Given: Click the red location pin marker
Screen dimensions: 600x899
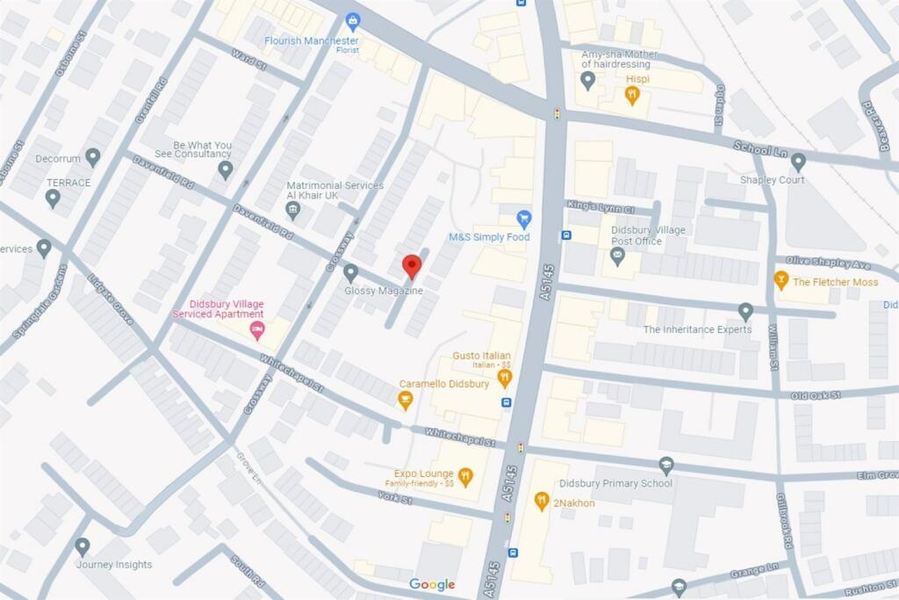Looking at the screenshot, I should [412, 266].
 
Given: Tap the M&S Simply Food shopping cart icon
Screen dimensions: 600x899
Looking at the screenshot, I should [524, 218].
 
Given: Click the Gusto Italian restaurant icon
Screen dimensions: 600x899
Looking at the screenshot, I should [504, 379].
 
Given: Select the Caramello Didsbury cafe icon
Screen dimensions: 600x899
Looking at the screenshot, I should [405, 401].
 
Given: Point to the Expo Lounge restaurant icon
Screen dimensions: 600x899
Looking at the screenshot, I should [465, 477].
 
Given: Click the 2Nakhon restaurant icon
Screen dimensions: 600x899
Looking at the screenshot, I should [542, 501].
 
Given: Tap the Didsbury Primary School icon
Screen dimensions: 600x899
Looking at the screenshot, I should [666, 466].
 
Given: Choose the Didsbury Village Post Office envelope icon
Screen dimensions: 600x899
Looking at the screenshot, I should [617, 256].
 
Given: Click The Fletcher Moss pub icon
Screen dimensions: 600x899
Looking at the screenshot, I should [780, 280].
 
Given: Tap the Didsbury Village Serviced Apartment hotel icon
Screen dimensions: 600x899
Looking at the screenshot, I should [257, 331].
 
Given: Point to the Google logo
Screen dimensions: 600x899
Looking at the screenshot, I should [432, 585].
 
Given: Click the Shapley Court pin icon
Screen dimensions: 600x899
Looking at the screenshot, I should [798, 162].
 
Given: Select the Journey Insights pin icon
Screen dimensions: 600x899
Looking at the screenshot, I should [83, 546].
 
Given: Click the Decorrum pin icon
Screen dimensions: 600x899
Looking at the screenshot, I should [92, 157].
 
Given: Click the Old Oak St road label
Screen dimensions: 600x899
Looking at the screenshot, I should [816, 395].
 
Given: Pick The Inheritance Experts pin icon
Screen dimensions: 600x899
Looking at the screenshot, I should [745, 311].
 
